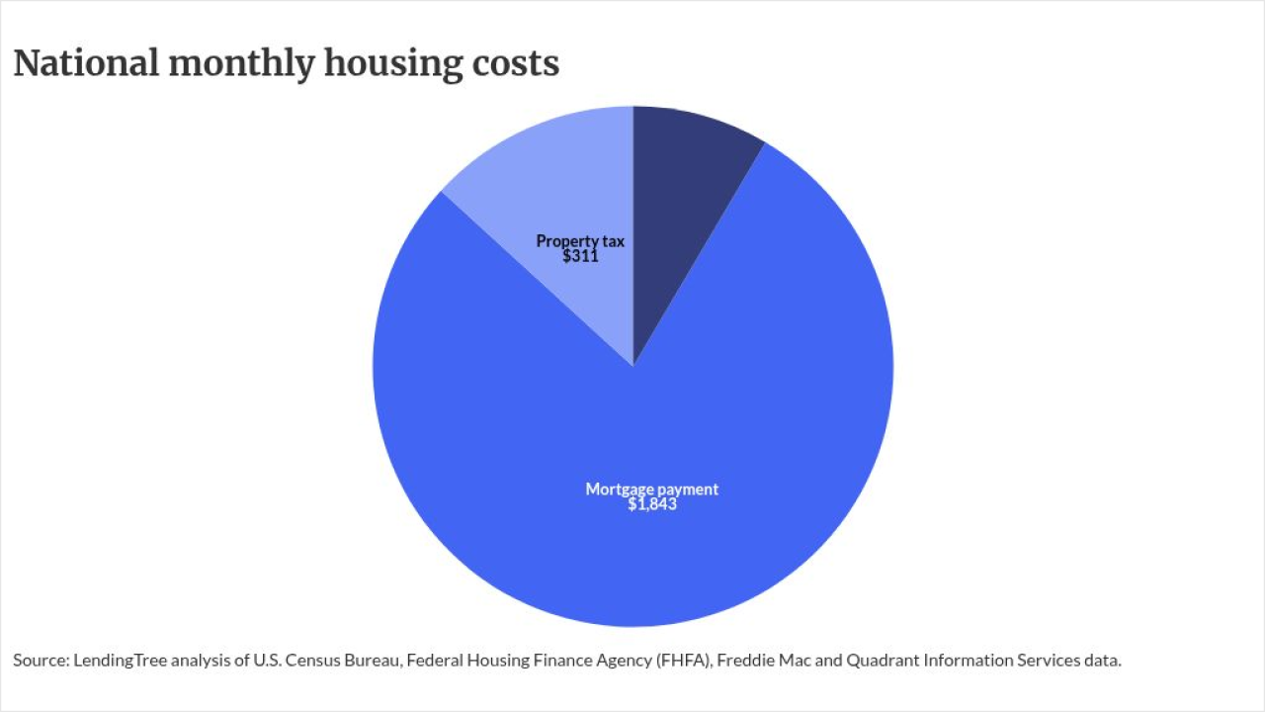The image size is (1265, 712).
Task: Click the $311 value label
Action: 580,256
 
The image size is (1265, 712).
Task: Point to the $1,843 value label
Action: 652,504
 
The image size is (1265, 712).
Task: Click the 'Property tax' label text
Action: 580,241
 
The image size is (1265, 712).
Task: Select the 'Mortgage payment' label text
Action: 651,489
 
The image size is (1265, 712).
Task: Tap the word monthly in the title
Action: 241,64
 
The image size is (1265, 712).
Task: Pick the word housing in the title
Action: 393,64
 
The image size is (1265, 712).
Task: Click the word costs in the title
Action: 516,64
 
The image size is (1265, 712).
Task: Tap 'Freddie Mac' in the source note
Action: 764,660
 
